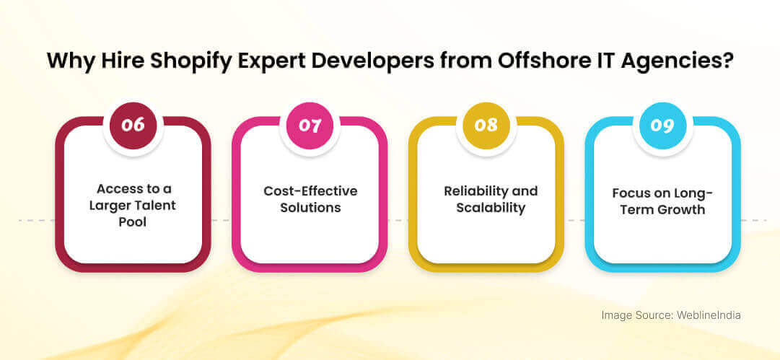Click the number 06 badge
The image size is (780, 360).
(x=133, y=125)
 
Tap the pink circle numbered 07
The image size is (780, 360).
(x=310, y=125)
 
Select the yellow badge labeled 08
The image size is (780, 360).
(x=486, y=125)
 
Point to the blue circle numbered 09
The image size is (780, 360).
(x=662, y=125)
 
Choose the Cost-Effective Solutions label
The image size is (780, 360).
(x=310, y=199)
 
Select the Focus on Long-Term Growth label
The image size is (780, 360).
(x=662, y=201)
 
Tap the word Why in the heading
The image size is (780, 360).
(x=69, y=60)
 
